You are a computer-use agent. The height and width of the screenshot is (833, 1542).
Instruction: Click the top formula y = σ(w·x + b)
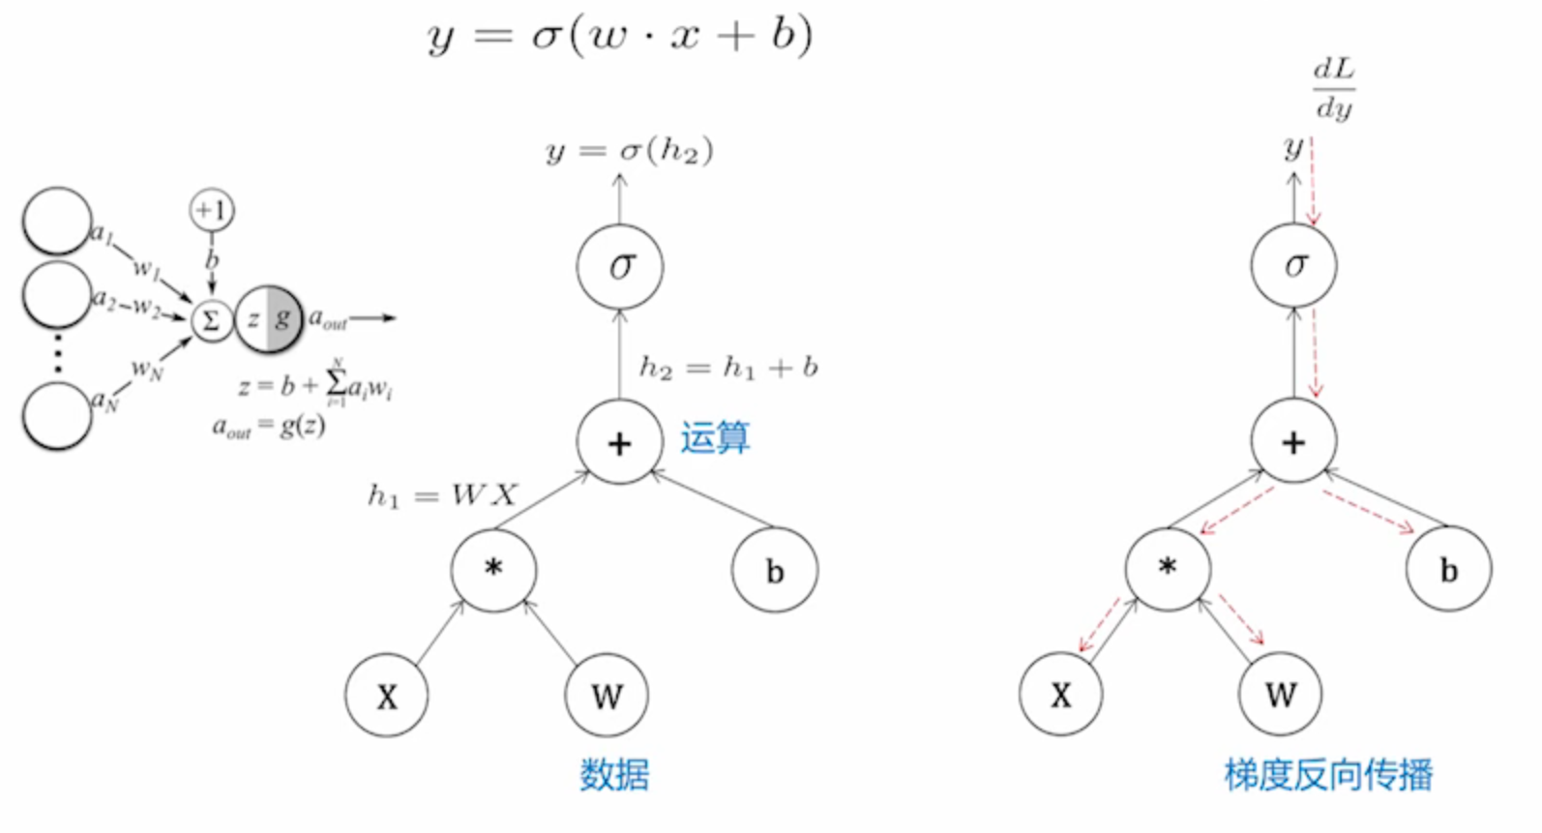(619, 37)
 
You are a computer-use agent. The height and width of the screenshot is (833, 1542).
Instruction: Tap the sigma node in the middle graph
(620, 266)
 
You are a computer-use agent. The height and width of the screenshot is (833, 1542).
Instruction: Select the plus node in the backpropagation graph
(1293, 442)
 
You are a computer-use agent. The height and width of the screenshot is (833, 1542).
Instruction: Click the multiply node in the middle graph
(493, 569)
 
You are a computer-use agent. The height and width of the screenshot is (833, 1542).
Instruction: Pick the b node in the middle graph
(775, 571)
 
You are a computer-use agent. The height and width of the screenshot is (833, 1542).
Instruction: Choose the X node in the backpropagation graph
(1061, 695)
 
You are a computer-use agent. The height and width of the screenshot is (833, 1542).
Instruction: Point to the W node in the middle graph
(607, 696)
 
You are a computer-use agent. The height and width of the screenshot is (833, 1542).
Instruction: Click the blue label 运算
(715, 438)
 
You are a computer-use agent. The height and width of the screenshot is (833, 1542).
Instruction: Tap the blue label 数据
(614, 775)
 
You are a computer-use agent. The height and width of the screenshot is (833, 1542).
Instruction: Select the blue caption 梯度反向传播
(1328, 775)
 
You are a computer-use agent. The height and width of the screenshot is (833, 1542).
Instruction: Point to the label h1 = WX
(442, 496)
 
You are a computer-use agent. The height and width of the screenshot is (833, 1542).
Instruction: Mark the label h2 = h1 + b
(728, 368)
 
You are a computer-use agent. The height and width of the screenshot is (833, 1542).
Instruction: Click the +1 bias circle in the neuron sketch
(212, 210)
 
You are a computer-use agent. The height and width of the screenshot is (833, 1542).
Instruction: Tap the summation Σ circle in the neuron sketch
(211, 321)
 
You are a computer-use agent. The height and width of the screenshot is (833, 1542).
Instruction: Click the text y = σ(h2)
(630, 152)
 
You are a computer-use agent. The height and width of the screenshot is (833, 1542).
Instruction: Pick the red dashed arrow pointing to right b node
(1369, 511)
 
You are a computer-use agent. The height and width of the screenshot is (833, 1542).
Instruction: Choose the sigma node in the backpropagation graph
(1293, 265)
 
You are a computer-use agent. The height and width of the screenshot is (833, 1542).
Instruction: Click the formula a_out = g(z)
(269, 427)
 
